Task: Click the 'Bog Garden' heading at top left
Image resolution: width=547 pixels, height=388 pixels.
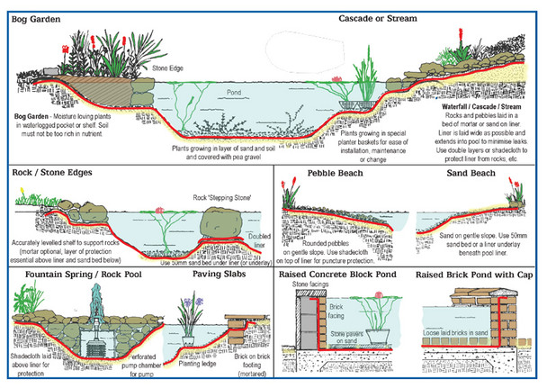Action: pos(34,17)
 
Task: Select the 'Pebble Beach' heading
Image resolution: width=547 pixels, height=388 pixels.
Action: pos(335,171)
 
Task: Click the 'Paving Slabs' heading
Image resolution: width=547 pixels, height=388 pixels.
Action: pos(218,273)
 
